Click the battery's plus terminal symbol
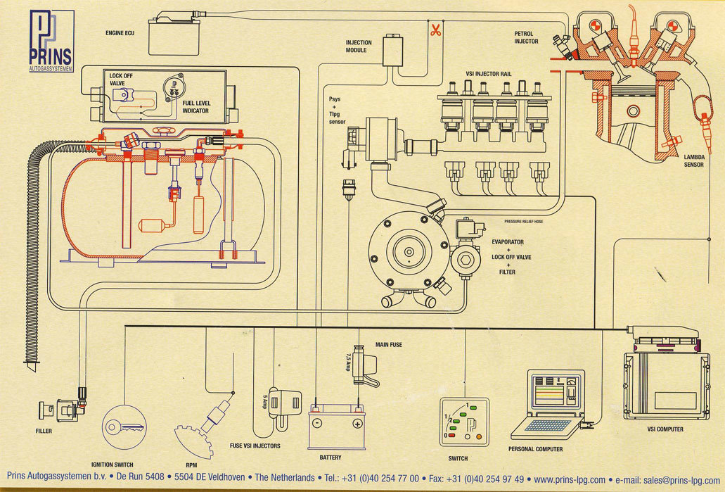coord(357,424)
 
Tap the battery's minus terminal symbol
coord(317,424)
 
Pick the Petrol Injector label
coord(526,37)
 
